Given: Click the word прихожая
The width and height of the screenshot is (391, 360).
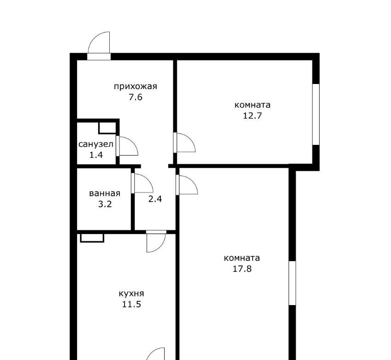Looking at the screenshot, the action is pos(136,87).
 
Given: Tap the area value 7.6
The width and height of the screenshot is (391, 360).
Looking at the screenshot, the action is pos(136,97).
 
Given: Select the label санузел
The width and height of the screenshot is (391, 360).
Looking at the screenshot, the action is pos(96,144).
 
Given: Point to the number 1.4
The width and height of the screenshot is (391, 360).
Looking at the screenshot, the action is pos(96,155).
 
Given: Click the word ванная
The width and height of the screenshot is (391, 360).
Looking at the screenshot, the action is pos(105,193).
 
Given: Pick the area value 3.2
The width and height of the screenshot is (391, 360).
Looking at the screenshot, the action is pos(105,204).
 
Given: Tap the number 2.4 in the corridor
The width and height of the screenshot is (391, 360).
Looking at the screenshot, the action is pos(155,199).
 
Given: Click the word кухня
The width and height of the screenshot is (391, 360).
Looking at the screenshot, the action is pos(131,294).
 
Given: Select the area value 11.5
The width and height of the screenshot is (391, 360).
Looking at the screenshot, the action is pos(131,304).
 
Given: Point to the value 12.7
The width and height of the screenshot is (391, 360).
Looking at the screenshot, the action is pos(252,116).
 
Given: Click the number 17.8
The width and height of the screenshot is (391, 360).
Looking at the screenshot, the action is pos(242,269).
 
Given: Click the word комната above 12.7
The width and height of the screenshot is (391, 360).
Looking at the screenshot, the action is pos(252,105).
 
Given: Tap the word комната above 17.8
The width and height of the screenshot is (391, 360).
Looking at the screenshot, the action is pos(242,258).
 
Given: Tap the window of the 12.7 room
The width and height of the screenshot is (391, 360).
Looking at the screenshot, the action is pos(316,114).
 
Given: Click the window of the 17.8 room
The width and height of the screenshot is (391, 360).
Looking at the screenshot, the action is pos(292,283).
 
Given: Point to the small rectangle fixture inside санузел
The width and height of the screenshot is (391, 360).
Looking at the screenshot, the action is pos(108,128).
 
